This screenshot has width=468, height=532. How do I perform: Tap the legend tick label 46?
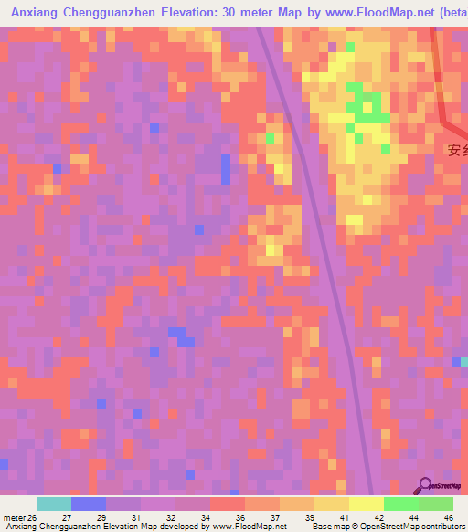(448, 517)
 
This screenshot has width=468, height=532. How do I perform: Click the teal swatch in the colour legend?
(54, 504)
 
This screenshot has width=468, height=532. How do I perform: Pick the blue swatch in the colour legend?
(89, 504)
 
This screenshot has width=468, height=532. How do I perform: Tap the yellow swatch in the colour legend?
(367, 504)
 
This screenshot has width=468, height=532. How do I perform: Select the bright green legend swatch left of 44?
(401, 504)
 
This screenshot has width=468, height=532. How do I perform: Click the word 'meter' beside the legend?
(14, 517)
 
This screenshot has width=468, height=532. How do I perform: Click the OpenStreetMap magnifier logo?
(426, 485)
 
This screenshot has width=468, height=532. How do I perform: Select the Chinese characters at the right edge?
(457, 150)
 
